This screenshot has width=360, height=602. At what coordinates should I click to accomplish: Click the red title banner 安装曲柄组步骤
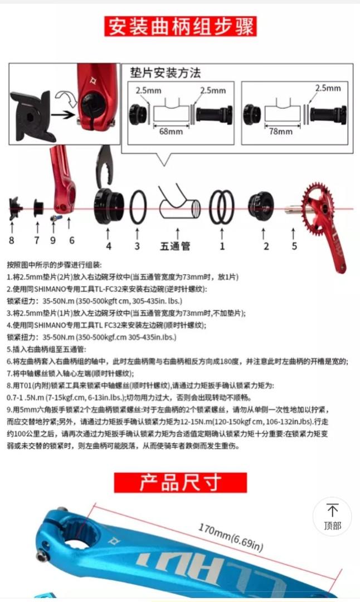click(181, 26)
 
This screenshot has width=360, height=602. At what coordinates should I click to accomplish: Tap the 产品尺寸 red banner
click(180, 482)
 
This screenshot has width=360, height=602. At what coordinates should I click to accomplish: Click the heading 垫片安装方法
click(165, 73)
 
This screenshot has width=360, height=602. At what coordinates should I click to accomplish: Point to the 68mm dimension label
click(171, 132)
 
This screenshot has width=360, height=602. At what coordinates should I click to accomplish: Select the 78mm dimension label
click(281, 132)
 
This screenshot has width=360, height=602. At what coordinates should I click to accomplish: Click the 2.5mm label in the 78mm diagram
click(328, 88)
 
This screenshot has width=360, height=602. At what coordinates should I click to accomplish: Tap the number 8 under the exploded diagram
click(11, 240)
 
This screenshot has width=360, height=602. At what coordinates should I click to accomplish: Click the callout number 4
click(109, 246)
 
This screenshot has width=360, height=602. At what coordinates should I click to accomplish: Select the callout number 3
click(137, 246)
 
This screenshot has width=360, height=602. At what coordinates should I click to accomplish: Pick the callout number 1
click(222, 246)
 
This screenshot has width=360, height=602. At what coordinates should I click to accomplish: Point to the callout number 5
click(294, 246)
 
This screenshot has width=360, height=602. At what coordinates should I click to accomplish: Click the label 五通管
click(177, 246)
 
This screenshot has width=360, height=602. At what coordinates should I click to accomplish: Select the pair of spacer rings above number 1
click(222, 207)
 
